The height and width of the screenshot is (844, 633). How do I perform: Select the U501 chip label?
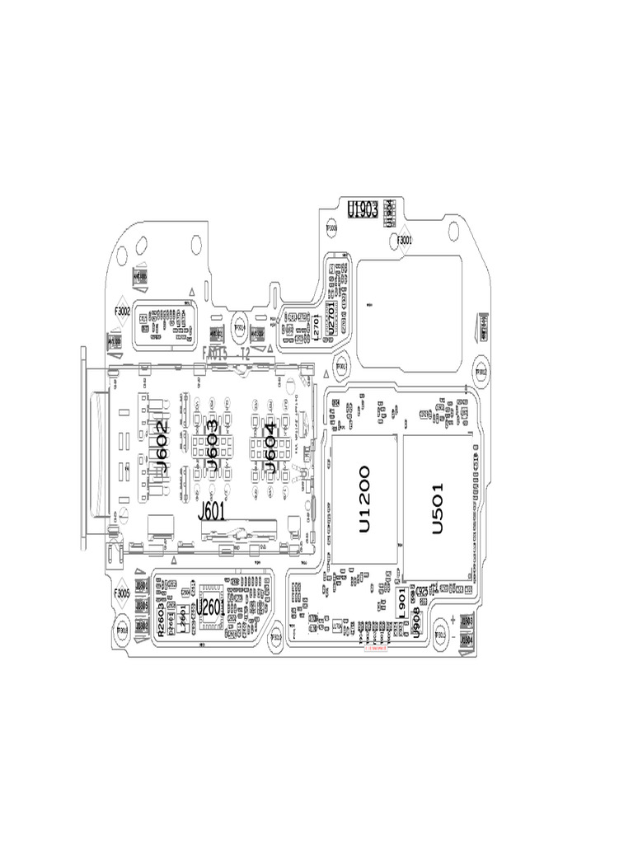(x=438, y=508)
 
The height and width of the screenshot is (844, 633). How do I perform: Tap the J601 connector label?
(x=213, y=512)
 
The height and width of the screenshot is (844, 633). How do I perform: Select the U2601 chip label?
(x=210, y=608)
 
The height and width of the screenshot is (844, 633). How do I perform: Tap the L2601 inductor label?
(x=181, y=619)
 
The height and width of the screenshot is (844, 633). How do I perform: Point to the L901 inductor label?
(x=401, y=603)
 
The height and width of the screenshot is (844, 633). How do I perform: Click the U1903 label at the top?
(x=363, y=209)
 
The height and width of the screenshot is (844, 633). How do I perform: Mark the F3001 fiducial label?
(x=405, y=241)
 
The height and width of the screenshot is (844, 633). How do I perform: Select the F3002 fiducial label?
(x=122, y=312)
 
